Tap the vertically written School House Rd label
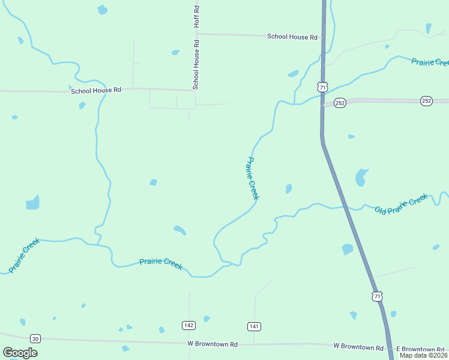(x=196, y=65)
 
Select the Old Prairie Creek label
(x=401, y=204)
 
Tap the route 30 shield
(x=35, y=338)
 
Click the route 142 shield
(x=189, y=325)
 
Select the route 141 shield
(x=254, y=326)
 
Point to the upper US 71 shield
(x=323, y=87)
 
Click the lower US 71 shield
(x=377, y=296)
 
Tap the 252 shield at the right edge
(x=426, y=101)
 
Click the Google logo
(x=20, y=352)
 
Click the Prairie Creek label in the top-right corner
(x=430, y=62)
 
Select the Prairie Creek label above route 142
(x=161, y=263)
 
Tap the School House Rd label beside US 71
(x=292, y=37)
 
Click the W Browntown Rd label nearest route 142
(x=212, y=344)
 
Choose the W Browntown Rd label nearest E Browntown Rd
(x=358, y=347)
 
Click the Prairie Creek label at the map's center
(x=253, y=178)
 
